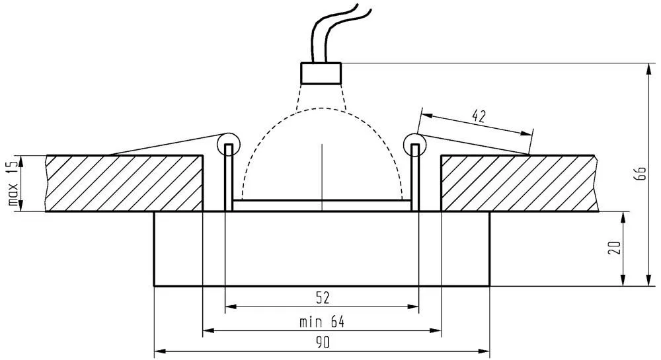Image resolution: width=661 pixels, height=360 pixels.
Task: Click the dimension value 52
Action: point(323,298)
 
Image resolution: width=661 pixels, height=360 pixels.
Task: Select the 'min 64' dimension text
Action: point(322,322)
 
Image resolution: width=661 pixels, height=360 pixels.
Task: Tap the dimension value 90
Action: point(323,343)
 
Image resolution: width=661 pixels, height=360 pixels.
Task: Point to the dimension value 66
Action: point(640,174)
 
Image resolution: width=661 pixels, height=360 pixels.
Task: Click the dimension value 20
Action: point(615,248)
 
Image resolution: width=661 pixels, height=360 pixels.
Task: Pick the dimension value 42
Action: point(479,116)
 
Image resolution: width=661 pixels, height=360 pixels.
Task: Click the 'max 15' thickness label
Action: point(13,183)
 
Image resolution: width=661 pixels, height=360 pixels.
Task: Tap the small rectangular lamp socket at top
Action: point(321,73)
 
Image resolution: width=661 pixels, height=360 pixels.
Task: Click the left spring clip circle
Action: point(228,145)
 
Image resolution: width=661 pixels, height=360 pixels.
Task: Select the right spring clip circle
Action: point(415,145)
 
